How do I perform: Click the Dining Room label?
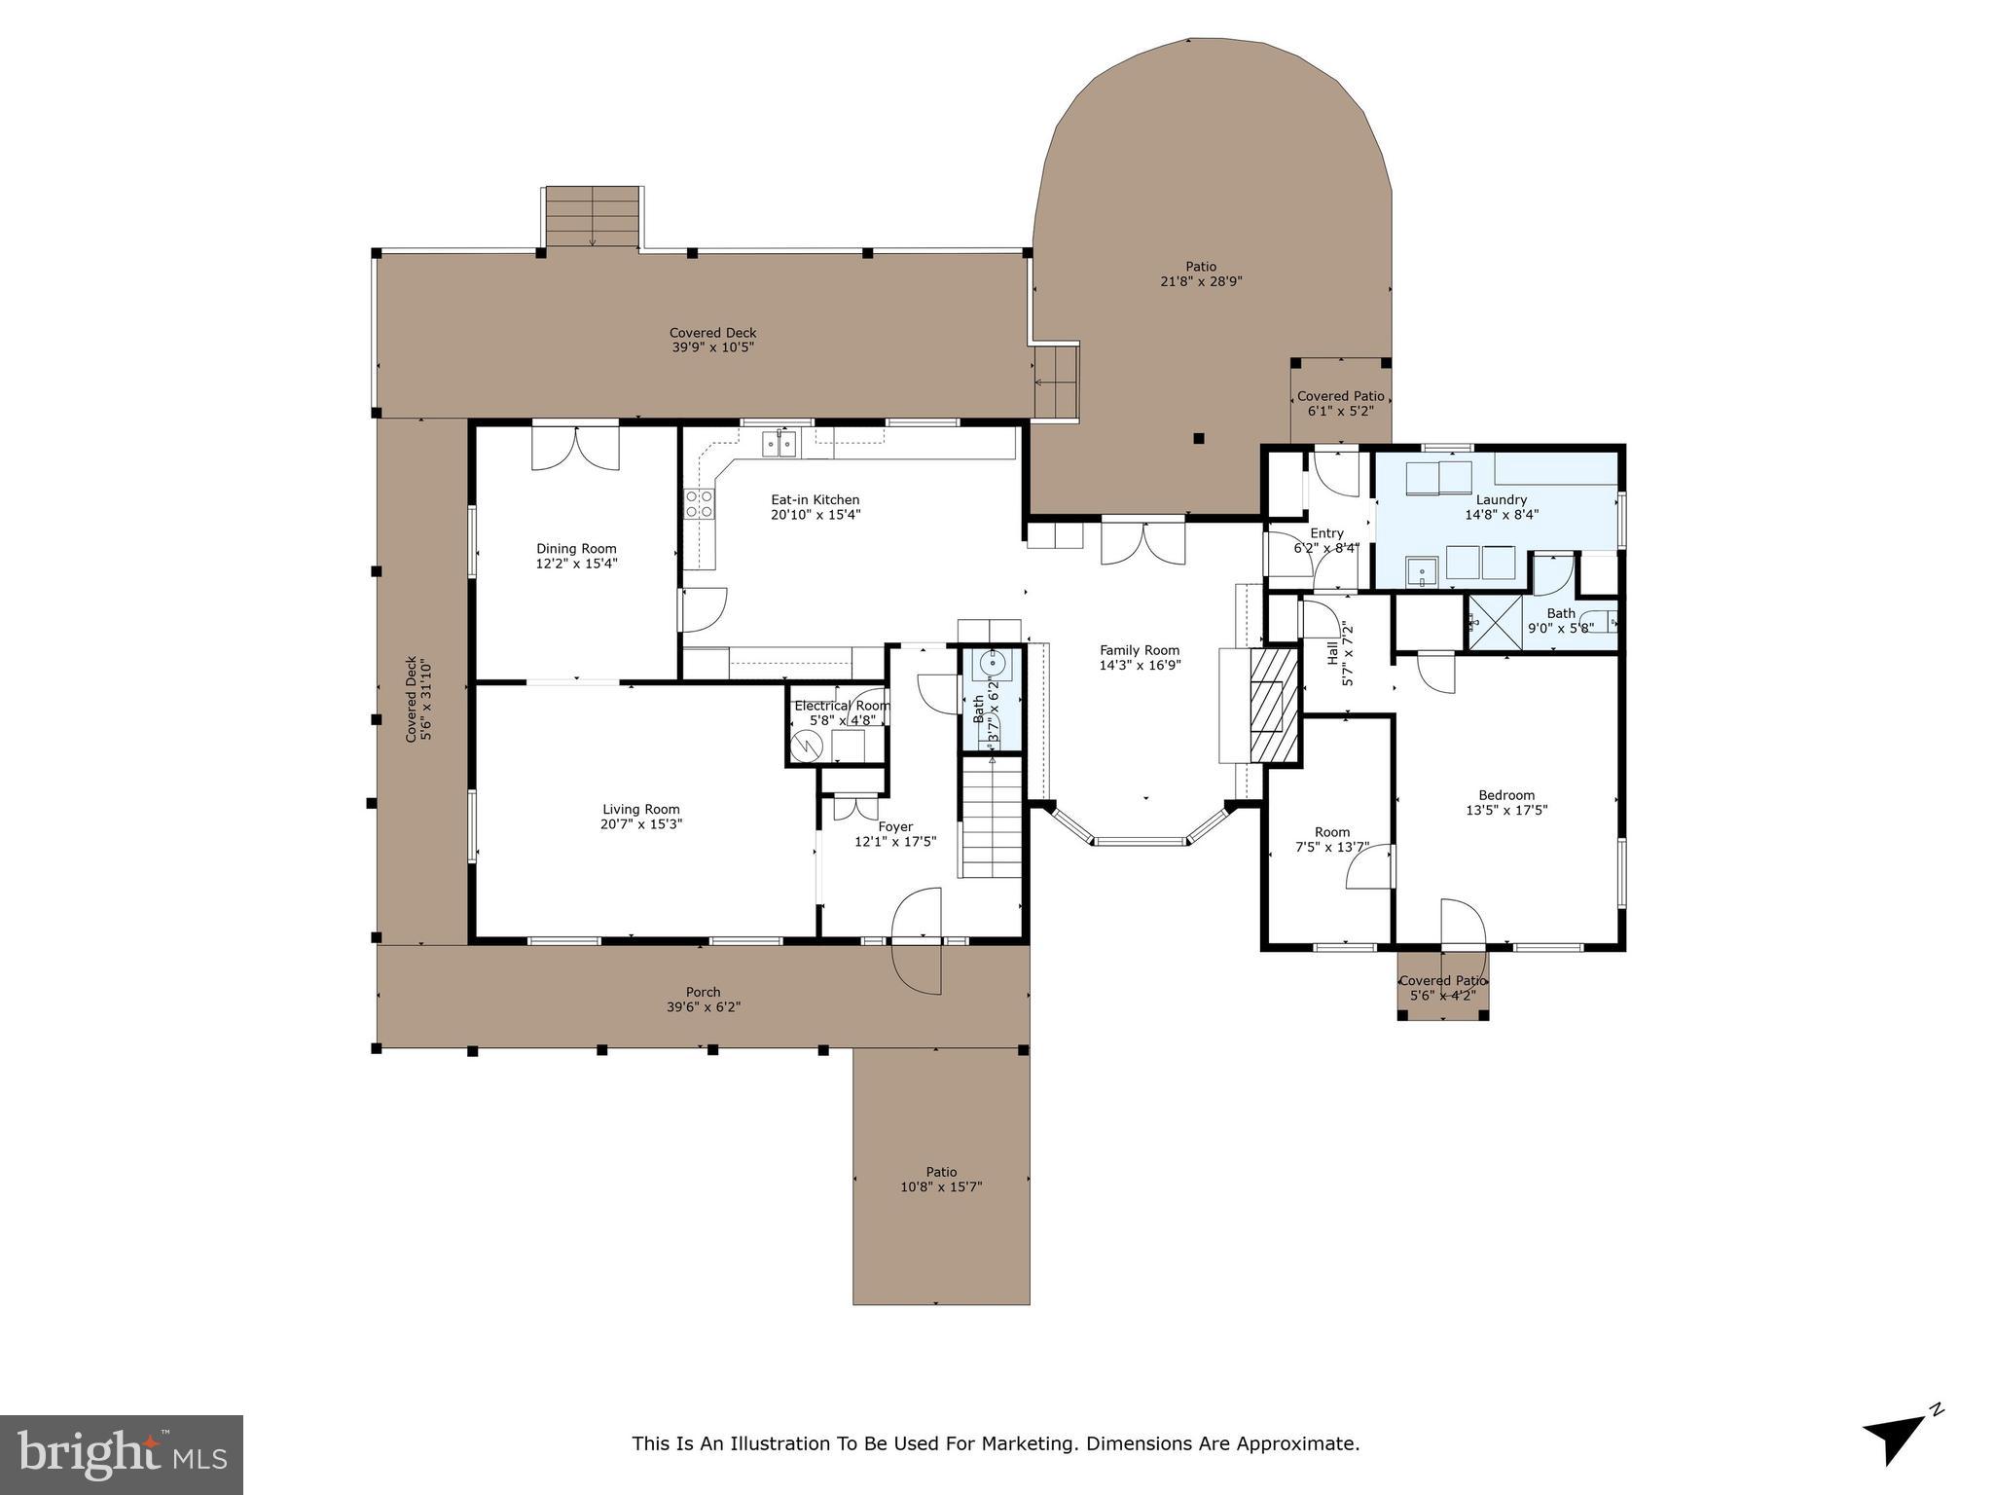point(576,549)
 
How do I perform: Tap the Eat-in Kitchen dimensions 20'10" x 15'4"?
point(815,515)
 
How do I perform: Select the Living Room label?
point(640,809)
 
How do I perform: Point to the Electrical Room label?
point(842,706)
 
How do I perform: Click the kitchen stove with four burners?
point(699,504)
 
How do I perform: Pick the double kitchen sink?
point(779,445)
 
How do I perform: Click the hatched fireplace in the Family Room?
point(1274,705)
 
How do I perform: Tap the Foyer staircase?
point(992,818)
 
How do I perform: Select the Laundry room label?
point(1502,499)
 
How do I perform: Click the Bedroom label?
point(1506,795)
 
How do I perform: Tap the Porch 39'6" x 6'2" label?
point(703,993)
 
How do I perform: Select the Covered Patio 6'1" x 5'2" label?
point(1340,396)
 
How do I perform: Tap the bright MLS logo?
point(121,1454)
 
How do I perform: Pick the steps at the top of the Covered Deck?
point(592,217)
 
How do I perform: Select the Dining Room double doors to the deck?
point(575,447)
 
